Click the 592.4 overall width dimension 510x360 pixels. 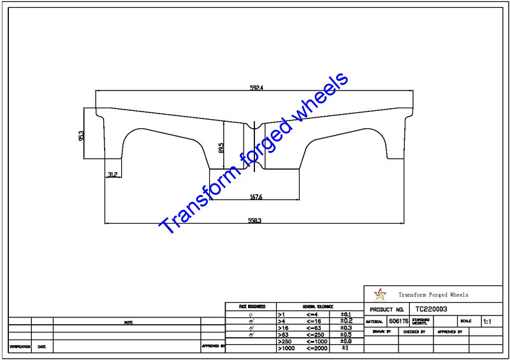pos(256,88)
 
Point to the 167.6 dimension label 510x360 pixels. pos(256,198)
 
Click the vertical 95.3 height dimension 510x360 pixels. pos(82,136)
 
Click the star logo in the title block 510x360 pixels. pos(380,294)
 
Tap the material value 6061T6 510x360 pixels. pos(399,321)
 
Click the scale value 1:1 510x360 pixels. pos(487,322)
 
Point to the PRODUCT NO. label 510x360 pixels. pos(386,309)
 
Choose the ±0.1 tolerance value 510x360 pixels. pos(346,314)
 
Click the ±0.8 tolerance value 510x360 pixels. pos(346,341)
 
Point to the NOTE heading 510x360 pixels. pos(128,322)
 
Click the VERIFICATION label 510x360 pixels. pos(20,347)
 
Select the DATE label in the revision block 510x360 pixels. pos(41,347)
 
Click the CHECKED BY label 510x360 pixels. pos(415,332)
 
